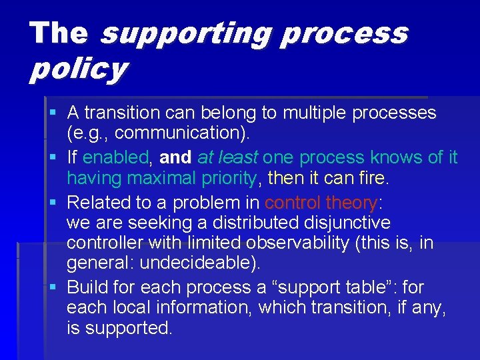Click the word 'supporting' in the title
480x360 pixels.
coord(187,33)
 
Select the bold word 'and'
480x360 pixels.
coord(175,158)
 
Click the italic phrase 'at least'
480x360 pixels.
coord(228,158)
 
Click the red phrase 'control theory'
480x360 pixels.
coord(321,202)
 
